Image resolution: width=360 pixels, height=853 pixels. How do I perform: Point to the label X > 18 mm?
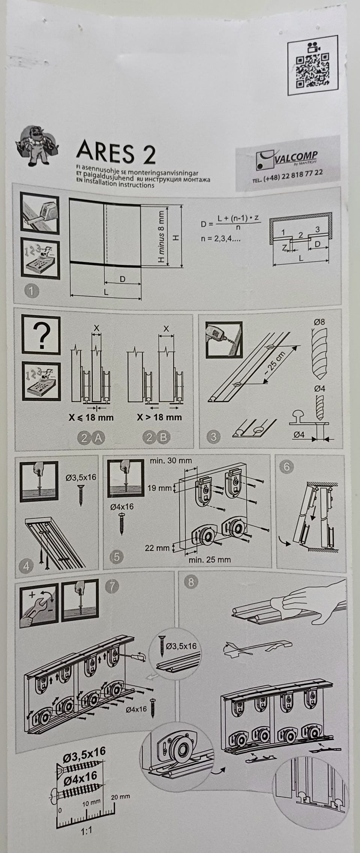coord(159,417)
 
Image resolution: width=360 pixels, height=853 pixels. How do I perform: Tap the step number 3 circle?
coord(213,436)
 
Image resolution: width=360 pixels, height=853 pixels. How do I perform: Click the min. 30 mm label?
coord(171,460)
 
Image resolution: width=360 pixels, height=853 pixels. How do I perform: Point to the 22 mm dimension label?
coord(157,548)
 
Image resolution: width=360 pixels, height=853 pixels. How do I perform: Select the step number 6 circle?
coord(287,467)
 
